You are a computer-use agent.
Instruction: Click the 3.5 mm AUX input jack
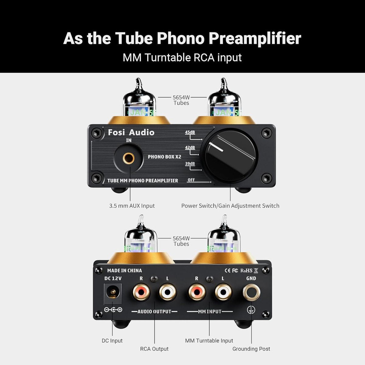[x=129, y=158]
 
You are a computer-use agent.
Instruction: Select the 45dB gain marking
[x=190, y=132]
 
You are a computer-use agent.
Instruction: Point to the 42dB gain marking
[x=190, y=148]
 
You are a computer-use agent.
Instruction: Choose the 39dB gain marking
[x=190, y=164]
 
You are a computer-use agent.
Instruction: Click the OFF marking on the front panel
[x=191, y=180]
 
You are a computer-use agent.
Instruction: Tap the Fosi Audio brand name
[x=131, y=132]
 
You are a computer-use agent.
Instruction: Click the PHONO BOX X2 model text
[x=164, y=157]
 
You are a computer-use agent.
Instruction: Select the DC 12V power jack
[x=113, y=293]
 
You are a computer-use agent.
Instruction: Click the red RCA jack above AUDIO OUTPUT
[x=141, y=292]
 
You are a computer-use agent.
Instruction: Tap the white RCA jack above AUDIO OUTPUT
[x=168, y=292]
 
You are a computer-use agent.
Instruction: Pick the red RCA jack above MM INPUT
[x=197, y=292]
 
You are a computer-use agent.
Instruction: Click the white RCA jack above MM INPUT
[x=223, y=292]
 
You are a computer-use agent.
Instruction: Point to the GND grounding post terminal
[x=251, y=293]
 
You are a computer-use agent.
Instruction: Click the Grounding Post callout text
[x=251, y=349]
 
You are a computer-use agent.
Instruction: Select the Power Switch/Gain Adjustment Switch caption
[x=230, y=206]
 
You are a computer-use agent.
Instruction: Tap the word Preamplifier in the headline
[x=255, y=39]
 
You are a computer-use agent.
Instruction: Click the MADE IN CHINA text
[x=124, y=270]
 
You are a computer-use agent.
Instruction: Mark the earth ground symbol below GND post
[x=251, y=310]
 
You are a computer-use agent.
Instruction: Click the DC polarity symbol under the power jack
[x=113, y=310]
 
